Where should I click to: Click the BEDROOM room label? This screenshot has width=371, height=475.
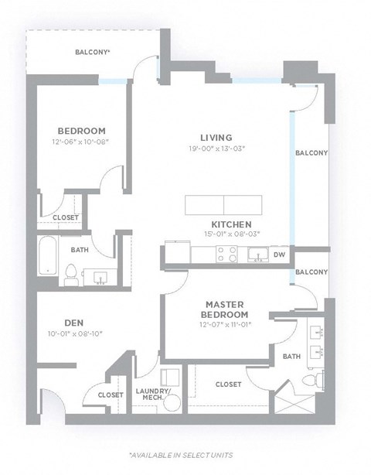(x=81, y=131)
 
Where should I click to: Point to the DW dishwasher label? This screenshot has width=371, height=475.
(x=279, y=254)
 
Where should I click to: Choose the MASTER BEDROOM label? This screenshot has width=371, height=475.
(x=226, y=309)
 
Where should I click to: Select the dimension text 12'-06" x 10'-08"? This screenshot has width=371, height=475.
(x=81, y=142)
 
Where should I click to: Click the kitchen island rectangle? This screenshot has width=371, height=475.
(x=223, y=205)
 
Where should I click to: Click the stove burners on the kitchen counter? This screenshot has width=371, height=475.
(x=226, y=253)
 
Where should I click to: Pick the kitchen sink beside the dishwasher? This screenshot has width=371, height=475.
(x=257, y=253)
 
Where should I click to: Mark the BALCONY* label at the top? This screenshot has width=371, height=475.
(x=92, y=53)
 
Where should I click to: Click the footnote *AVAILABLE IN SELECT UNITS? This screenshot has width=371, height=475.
(x=180, y=455)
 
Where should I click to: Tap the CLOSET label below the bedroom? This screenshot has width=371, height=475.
(x=65, y=218)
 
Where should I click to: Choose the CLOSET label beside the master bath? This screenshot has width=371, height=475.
(x=228, y=384)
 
